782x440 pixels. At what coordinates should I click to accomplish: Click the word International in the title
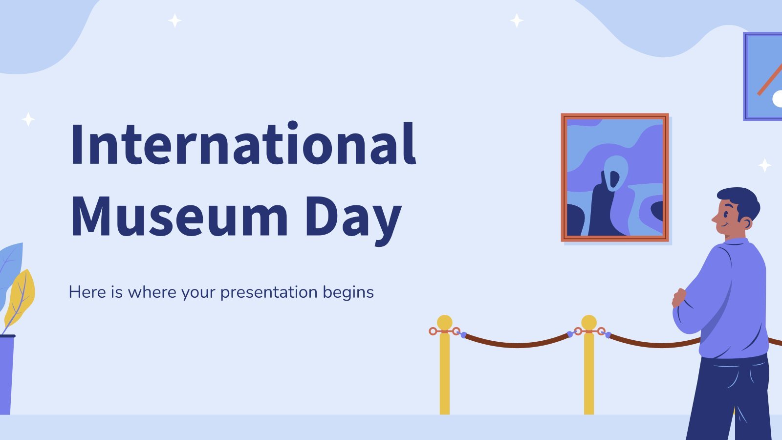click(x=243, y=143)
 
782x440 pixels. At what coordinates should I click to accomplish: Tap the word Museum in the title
click(x=179, y=217)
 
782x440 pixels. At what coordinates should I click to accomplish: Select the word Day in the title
click(x=353, y=220)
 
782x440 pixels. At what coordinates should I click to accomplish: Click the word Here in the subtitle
click(x=87, y=292)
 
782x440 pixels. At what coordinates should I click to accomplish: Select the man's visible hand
click(x=679, y=298)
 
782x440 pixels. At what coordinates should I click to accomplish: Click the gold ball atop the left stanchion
click(x=444, y=322)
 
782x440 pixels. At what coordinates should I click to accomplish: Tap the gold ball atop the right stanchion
click(x=589, y=322)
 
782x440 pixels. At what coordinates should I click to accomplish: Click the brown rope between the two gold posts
click(x=517, y=345)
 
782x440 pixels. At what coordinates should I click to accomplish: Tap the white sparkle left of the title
click(x=28, y=119)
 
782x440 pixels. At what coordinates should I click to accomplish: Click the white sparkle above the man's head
click(x=764, y=165)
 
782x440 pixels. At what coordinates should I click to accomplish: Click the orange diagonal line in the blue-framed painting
click(x=770, y=79)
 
